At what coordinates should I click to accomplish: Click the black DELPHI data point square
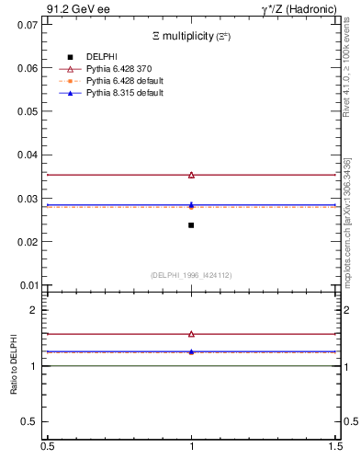click(191, 225)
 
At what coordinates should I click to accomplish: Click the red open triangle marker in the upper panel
click(191, 175)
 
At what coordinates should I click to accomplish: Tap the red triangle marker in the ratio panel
click(191, 334)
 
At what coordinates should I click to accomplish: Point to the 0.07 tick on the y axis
click(27, 25)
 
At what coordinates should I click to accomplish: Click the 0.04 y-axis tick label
click(27, 155)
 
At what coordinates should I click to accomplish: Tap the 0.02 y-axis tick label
click(27, 242)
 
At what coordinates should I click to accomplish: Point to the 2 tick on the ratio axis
click(33, 310)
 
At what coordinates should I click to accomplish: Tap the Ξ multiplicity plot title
click(191, 37)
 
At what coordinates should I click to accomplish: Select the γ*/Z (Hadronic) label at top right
click(299, 8)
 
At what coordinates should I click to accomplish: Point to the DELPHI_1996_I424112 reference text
click(191, 275)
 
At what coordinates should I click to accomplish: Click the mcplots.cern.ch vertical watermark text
click(347, 221)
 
